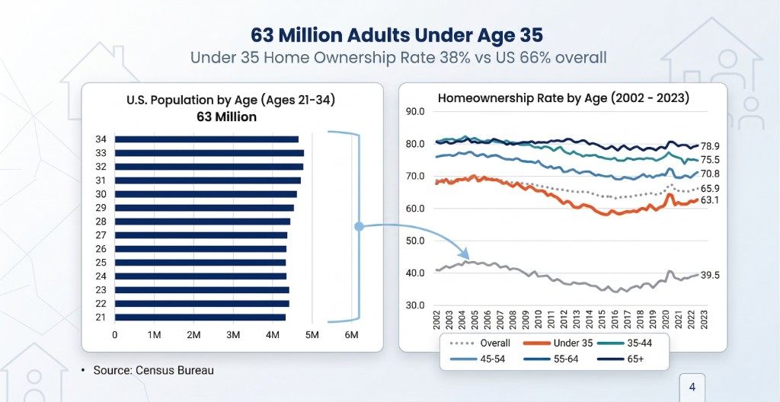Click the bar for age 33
click(209, 153)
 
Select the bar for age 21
click(200, 317)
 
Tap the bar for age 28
click(202, 222)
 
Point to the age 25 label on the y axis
click(101, 263)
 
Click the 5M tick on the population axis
click(312, 335)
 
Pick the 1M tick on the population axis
click(154, 335)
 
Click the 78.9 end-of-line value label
click(711, 146)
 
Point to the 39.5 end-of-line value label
click(711, 276)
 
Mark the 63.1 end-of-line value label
click(711, 200)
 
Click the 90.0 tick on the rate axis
click(415, 112)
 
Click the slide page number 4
click(692, 388)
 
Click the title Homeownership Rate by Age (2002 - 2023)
click(563, 97)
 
